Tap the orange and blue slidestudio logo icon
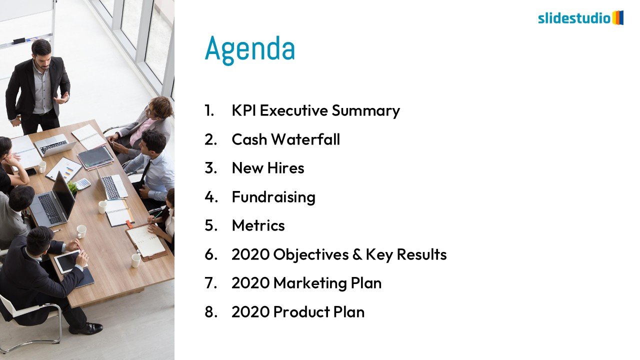(618, 17)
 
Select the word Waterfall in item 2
(305, 139)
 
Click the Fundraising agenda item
(273, 197)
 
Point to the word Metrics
(258, 225)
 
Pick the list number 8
(211, 311)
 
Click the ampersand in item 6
(357, 254)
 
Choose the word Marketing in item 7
(310, 283)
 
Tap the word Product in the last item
(301, 311)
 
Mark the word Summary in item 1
(365, 111)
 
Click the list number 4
(211, 197)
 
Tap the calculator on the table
(82, 183)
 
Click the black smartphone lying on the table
(31, 171)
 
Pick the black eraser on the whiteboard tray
(19, 41)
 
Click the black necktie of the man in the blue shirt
(145, 171)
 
